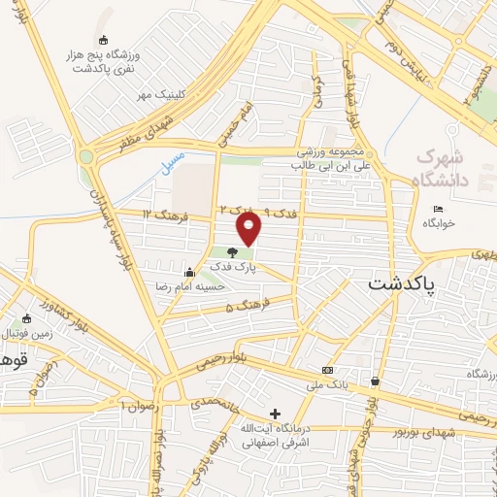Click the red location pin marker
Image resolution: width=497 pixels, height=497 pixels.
pos(249,229)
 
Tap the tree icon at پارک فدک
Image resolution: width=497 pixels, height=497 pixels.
pos(231,252)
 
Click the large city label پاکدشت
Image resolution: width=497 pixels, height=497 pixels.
pos(402,285)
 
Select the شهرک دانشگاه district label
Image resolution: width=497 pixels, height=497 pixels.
pos(443,167)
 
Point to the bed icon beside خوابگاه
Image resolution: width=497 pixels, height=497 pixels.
pos(438,209)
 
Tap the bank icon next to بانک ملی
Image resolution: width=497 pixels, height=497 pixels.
pos(327,370)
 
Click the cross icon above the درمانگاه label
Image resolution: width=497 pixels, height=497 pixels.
pos(275,414)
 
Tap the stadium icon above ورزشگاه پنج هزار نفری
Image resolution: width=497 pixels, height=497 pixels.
pos(103,40)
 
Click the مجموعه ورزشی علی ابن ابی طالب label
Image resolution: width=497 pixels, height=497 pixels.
pos(329,159)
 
